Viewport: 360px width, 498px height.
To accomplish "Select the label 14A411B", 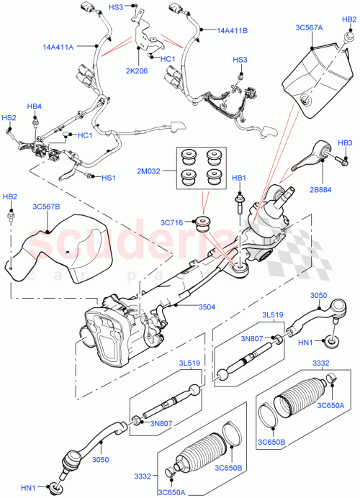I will pyautogui.click(x=233, y=31).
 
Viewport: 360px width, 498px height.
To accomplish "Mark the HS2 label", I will pyautogui.click(x=9, y=117).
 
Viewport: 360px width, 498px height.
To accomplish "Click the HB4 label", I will pyautogui.click(x=35, y=107).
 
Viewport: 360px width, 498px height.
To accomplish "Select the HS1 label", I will pyautogui.click(x=108, y=178).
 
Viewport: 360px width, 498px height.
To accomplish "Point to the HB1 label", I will pyautogui.click(x=238, y=178).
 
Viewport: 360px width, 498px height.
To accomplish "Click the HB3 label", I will pyautogui.click(x=345, y=142).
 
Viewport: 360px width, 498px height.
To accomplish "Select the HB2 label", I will pyautogui.click(x=10, y=196).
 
